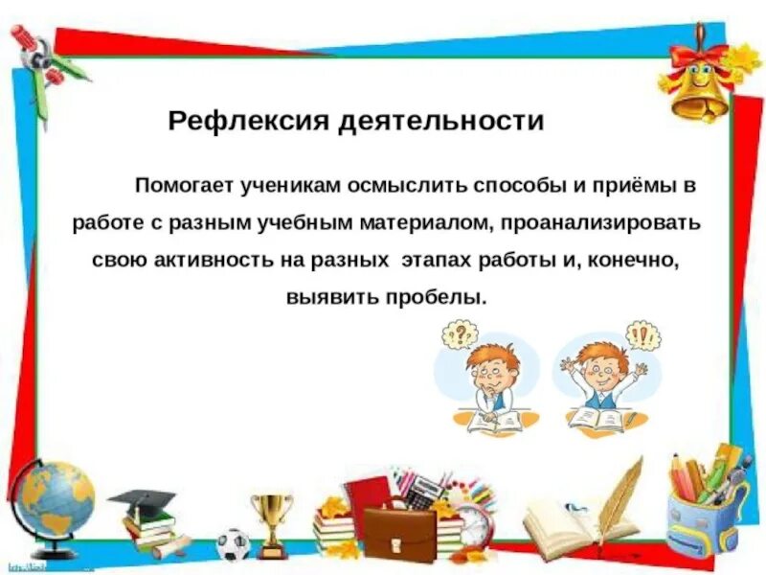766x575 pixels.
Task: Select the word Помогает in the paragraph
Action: [x=182, y=185]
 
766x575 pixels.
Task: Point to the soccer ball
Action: [x=233, y=545]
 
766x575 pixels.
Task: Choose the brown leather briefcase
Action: [x=398, y=533]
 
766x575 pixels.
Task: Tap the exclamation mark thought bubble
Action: [x=640, y=335]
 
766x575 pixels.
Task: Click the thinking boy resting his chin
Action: [x=491, y=383]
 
